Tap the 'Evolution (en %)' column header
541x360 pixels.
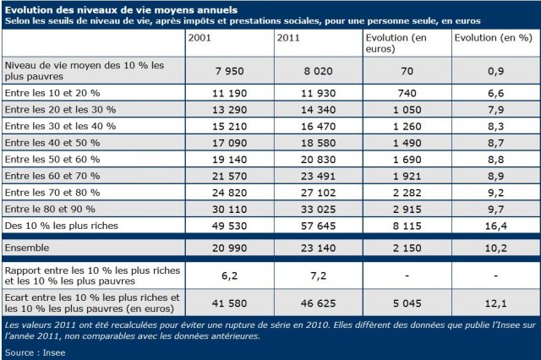[493, 39]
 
